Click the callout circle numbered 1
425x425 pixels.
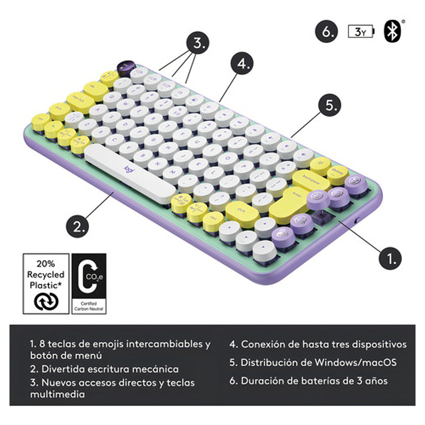(x=390, y=258)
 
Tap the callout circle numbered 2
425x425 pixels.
(x=78, y=226)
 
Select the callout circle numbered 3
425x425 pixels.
(x=197, y=42)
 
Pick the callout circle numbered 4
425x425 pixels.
(x=242, y=64)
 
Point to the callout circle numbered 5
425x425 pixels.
(x=330, y=105)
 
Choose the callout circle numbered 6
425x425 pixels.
(x=327, y=31)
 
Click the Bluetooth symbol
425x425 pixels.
(x=393, y=31)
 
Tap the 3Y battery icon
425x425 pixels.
(x=362, y=31)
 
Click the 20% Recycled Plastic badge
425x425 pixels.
(x=46, y=283)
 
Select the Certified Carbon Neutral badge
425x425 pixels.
(x=89, y=283)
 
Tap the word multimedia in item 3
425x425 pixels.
(x=57, y=394)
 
